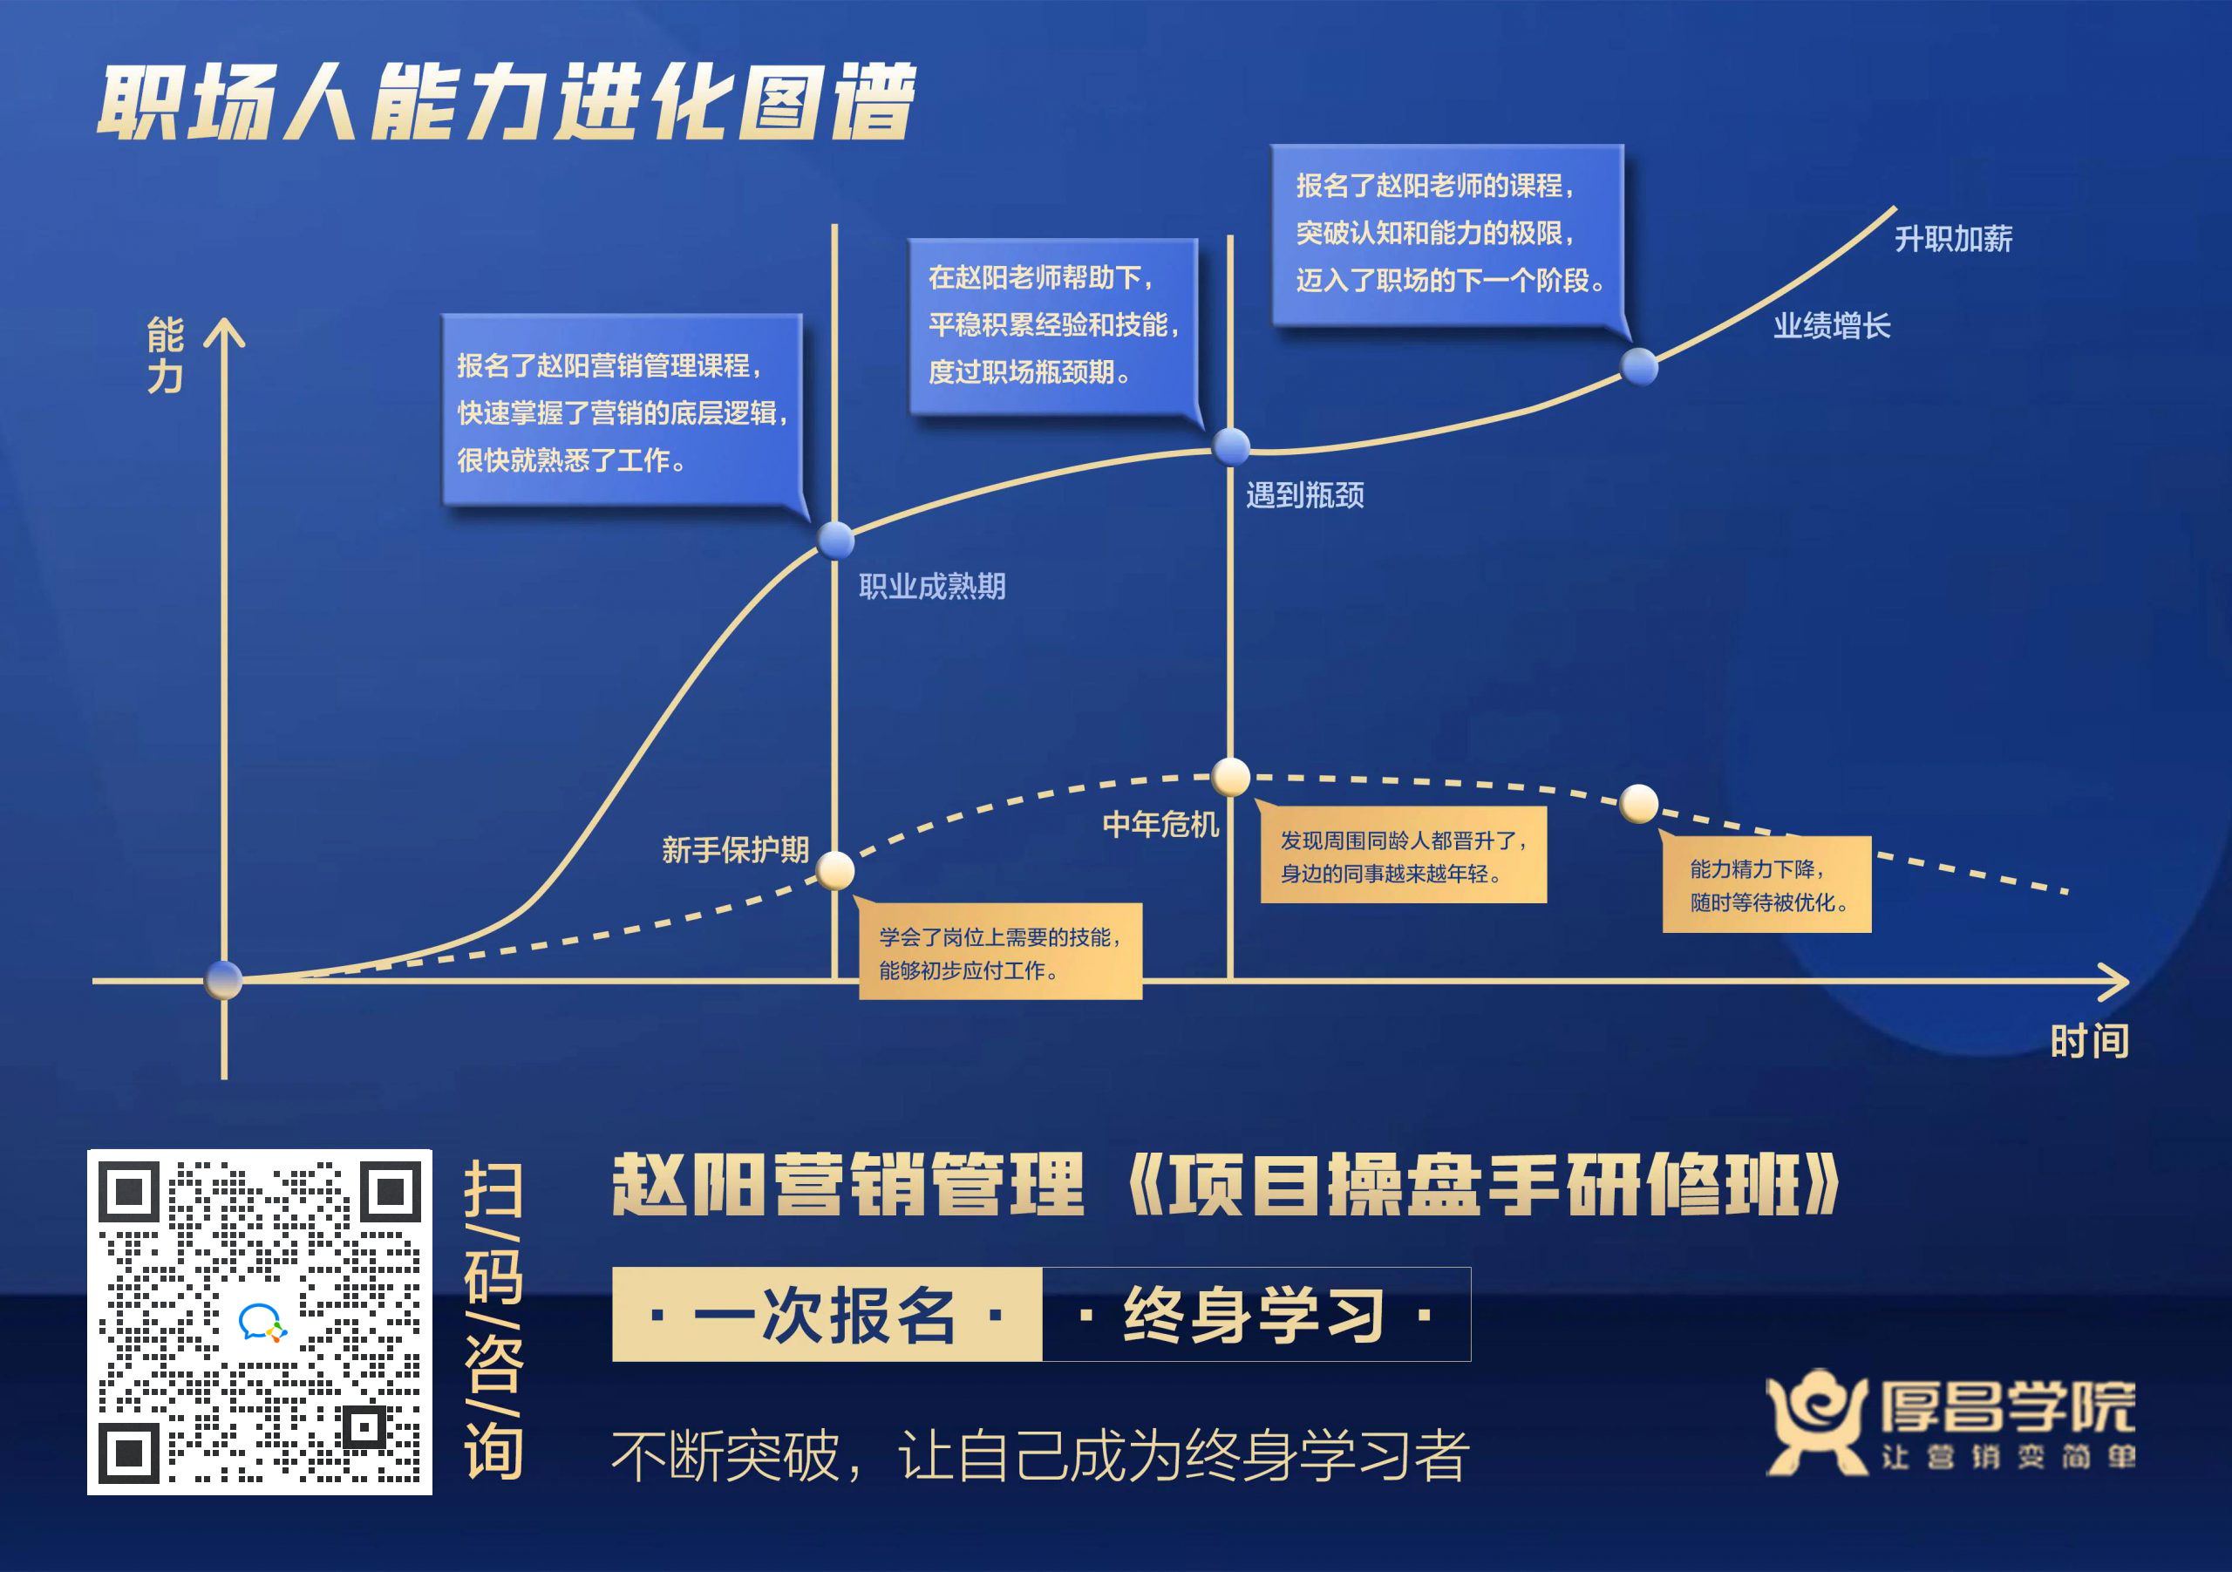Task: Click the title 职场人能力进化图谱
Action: (506, 102)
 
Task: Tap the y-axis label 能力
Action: (166, 355)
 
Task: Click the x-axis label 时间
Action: (2089, 1041)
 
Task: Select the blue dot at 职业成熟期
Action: (835, 540)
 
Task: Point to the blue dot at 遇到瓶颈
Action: (1231, 446)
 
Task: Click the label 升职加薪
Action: (1953, 238)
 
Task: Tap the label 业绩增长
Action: (1832, 326)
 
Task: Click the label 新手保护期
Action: (735, 850)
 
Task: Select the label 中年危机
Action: (1160, 825)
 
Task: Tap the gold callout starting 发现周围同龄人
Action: (1403, 854)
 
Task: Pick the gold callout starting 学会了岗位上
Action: (999, 950)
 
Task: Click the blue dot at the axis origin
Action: (223, 980)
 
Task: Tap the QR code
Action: (260, 1321)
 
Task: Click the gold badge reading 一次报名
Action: (827, 1315)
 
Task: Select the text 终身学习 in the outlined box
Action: (1255, 1315)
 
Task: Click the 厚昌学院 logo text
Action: (2007, 1405)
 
